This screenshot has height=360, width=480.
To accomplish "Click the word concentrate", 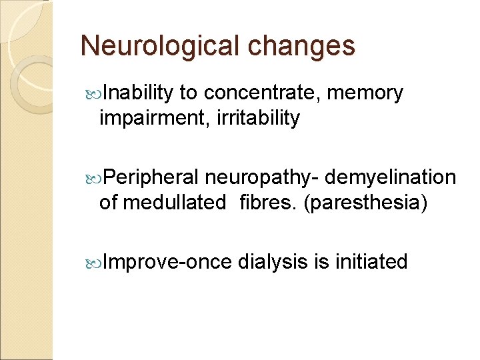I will [x=265, y=94].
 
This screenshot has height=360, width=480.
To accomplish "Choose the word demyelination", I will [x=391, y=178].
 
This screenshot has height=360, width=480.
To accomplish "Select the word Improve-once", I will [x=168, y=262].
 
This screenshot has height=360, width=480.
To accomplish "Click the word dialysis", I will [x=273, y=262].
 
